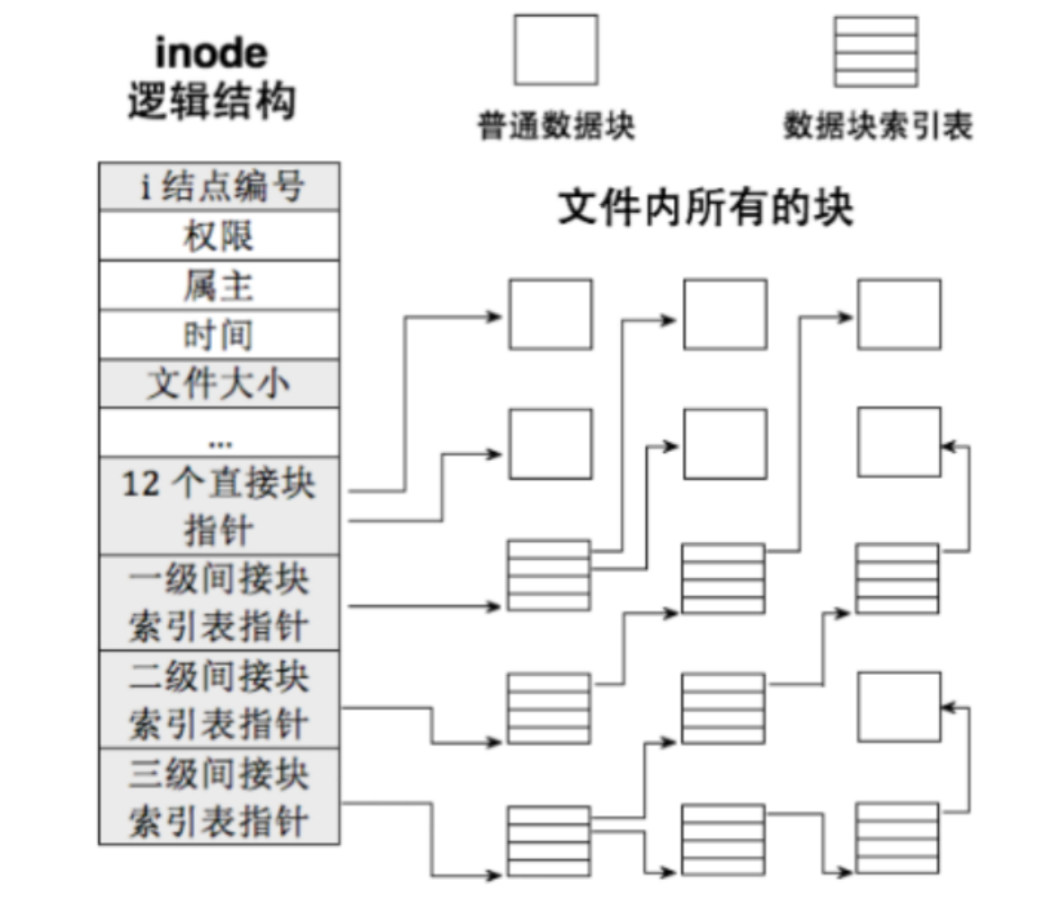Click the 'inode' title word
(x=211, y=54)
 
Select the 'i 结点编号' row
(x=218, y=187)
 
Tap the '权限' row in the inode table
(x=218, y=235)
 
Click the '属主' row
(x=218, y=285)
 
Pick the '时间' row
(x=218, y=334)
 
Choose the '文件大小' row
(x=218, y=384)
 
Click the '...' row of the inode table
(x=218, y=433)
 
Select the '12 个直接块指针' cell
(x=218, y=506)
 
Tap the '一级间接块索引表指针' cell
(x=218, y=602)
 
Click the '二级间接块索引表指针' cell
(x=218, y=699)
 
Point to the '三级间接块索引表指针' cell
(x=218, y=796)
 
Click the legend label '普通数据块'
(x=556, y=127)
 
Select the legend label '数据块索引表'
(x=877, y=127)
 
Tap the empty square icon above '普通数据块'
(x=555, y=49)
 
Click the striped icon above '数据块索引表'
(x=876, y=51)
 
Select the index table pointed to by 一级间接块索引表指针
(x=549, y=575)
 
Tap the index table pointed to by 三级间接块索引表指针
(x=549, y=840)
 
